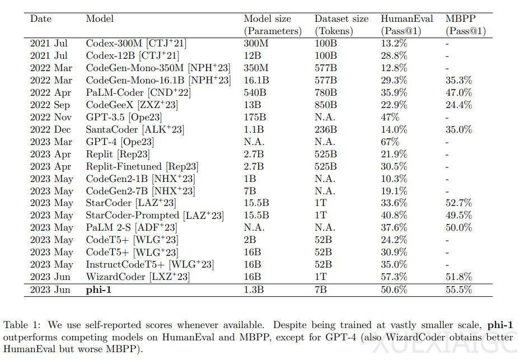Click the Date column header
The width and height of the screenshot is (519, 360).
point(41,18)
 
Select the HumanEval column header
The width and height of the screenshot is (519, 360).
point(406,18)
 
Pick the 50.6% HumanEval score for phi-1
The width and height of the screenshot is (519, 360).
point(394,290)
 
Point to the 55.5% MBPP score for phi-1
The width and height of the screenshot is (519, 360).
point(459,290)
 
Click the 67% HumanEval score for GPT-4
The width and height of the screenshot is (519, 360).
point(390,142)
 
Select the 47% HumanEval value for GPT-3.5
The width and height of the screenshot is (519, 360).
point(390,117)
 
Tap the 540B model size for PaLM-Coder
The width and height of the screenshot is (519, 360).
point(256,92)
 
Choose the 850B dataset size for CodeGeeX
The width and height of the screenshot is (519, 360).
point(326,105)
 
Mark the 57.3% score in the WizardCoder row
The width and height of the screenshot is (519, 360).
point(394,277)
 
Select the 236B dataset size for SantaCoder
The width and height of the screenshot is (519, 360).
point(326,129)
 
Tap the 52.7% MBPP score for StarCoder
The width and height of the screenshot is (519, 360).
point(459,203)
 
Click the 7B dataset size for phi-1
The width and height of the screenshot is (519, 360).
point(321,290)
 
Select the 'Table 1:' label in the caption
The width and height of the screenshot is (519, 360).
point(22,325)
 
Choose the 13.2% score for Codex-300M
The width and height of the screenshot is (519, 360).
point(394,43)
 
